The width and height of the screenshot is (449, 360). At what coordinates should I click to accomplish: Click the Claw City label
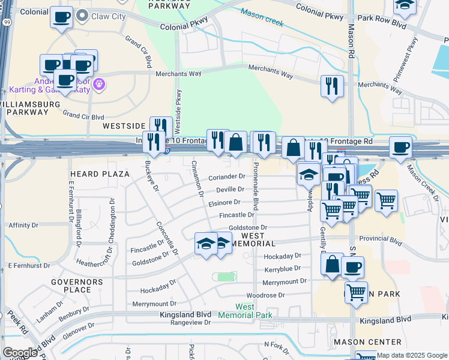pyautogui.click(x=108, y=16)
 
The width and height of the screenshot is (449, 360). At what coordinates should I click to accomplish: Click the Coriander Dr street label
pyautogui.click(x=227, y=177)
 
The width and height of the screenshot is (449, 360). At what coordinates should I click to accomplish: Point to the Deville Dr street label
pyautogui.click(x=229, y=190)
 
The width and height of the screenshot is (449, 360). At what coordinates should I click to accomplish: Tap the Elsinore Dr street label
pyautogui.click(x=224, y=202)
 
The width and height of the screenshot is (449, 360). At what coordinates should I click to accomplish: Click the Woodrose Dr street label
pyautogui.click(x=265, y=295)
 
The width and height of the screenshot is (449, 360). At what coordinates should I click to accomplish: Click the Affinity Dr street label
pyautogui.click(x=24, y=226)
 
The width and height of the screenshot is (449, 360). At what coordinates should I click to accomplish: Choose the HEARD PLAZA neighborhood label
pyautogui.click(x=100, y=174)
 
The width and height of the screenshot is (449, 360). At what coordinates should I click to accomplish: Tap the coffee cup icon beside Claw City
pyautogui.click(x=61, y=17)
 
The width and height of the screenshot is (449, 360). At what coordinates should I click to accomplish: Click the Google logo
pyautogui.click(x=20, y=353)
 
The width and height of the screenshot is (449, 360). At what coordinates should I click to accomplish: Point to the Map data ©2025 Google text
pyautogui.click(x=411, y=355)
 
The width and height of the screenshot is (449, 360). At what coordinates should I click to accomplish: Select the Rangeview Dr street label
pyautogui.click(x=191, y=322)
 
